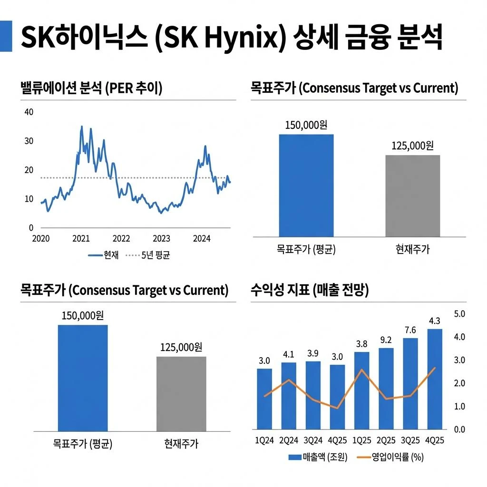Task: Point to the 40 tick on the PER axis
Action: pos(29,112)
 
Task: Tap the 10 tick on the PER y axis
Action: pos(29,199)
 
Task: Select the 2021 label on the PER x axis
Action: pos(81,239)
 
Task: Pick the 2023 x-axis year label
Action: pos(161,239)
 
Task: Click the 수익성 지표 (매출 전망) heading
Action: pos(310,291)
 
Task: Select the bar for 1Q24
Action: pos(264,399)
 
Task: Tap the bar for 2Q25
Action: pos(386,389)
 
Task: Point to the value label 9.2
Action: pos(386,340)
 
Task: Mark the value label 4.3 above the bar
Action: pos(434,321)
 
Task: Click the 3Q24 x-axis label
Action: pos(313,441)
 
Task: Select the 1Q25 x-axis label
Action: pos(361,441)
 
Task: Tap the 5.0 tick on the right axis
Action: pos(462,314)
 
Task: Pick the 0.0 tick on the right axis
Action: pos(462,429)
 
